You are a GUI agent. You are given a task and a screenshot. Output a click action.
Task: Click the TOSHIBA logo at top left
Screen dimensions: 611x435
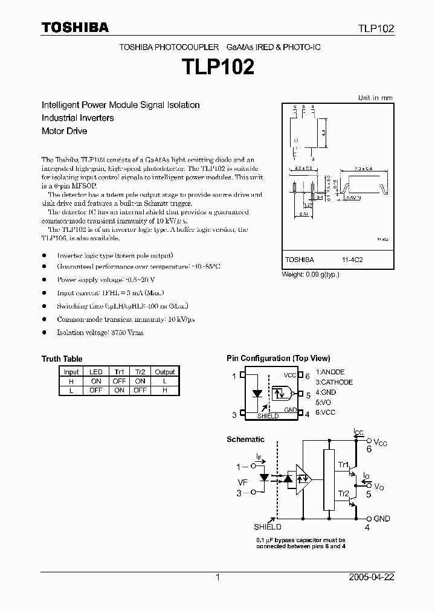[x=75, y=27]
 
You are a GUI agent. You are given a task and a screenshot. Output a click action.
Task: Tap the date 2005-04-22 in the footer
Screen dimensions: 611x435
[x=371, y=577]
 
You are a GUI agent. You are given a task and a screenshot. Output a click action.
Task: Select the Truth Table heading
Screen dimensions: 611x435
[x=62, y=359]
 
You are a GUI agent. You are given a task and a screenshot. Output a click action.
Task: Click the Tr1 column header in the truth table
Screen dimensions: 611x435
[x=119, y=372]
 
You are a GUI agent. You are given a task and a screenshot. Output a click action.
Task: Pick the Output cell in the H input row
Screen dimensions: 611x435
[x=164, y=382]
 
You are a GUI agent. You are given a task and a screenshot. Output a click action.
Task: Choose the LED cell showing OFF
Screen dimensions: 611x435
[x=95, y=391]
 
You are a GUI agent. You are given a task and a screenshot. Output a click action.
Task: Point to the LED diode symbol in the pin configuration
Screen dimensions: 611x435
[x=257, y=394]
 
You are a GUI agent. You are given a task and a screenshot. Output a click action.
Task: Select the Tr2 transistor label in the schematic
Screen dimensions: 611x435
[x=343, y=494]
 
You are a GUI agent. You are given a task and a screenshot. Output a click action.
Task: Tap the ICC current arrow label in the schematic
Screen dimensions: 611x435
[x=359, y=431]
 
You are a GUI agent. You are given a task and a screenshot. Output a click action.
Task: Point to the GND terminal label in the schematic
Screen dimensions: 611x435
[x=382, y=519]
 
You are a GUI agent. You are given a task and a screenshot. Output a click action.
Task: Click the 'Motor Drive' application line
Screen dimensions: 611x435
[x=64, y=130]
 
